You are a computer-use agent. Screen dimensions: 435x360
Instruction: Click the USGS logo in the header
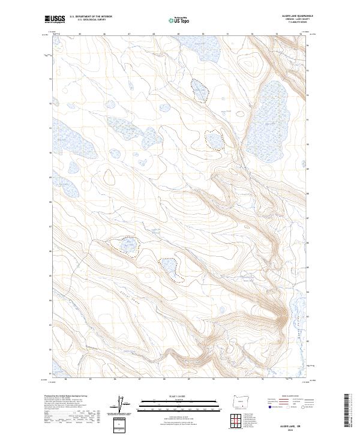tap(55, 19)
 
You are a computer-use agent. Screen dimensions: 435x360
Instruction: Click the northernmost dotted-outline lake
tap(199, 89)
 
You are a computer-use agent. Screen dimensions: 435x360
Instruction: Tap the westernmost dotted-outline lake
tap(127, 245)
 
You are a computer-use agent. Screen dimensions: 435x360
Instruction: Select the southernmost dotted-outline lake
tap(169, 268)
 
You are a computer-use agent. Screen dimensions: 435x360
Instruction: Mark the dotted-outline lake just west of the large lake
tap(214, 139)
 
